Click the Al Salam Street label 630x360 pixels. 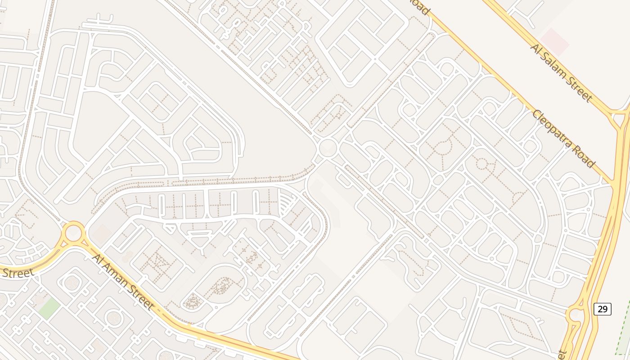pos(561,72)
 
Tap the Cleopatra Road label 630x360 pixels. pos(564,138)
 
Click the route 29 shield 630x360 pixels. pos(602,309)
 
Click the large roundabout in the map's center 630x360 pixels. pos(328,148)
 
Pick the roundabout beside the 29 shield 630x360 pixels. pos(575,315)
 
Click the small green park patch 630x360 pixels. pos(49,309)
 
